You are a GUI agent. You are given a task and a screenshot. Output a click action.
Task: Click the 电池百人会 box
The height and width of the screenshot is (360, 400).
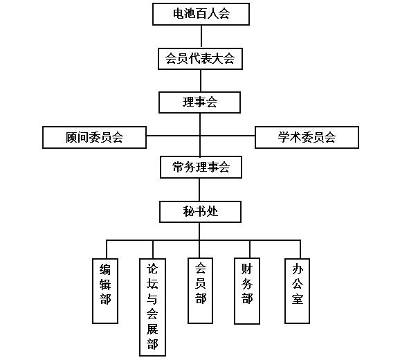201,14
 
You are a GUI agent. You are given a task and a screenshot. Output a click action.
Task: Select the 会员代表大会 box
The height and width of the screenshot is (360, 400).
201,59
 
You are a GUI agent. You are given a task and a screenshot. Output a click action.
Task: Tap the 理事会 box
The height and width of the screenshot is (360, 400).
201,102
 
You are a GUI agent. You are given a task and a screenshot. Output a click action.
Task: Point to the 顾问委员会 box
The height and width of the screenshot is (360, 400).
95,137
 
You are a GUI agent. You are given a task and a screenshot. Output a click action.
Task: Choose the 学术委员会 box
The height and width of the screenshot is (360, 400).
307,137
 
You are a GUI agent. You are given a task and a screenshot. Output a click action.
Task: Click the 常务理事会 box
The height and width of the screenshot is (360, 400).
201,167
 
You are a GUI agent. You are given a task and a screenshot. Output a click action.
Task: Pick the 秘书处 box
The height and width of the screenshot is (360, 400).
201,211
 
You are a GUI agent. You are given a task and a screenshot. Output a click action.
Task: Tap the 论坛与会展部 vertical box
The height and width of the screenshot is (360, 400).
153,305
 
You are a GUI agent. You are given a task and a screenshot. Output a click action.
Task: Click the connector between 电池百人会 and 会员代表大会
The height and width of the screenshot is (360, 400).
201,36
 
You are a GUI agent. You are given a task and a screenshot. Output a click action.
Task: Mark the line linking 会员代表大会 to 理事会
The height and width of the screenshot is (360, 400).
201,80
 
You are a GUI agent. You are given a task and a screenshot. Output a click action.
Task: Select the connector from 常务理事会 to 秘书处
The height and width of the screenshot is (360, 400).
201,189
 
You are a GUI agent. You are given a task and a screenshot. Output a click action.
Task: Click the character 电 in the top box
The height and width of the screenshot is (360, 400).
178,14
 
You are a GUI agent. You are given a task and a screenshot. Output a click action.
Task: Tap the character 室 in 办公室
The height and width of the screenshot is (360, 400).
298,301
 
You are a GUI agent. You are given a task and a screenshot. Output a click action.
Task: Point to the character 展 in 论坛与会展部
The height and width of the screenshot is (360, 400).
153,329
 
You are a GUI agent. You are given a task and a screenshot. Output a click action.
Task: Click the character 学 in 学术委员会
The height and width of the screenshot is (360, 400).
283,137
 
